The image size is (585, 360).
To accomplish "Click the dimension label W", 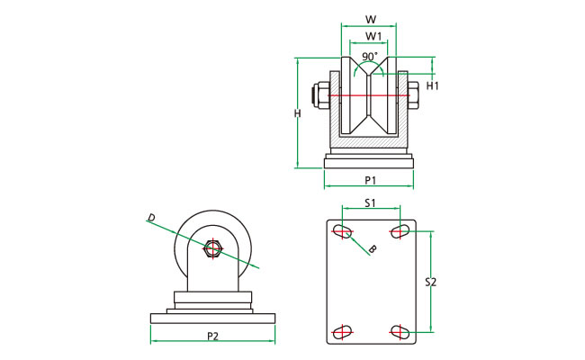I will click(x=371, y=19).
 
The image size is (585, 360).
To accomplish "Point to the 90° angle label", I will click(x=369, y=57).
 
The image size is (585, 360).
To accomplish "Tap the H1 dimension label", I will click(x=432, y=86).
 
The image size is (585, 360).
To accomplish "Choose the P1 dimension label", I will click(x=370, y=179).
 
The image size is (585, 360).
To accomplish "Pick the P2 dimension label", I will click(x=212, y=336).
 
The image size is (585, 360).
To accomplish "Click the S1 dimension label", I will click(x=370, y=203).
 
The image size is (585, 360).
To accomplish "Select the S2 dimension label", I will click(x=430, y=282).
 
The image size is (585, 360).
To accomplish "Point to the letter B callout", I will click(x=373, y=247).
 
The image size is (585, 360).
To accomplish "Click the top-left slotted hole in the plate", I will click(x=343, y=233).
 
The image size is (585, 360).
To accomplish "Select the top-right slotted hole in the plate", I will click(x=399, y=233).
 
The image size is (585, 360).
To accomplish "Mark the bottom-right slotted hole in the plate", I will click(x=399, y=331).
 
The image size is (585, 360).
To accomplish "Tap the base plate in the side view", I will click(x=212, y=318).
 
